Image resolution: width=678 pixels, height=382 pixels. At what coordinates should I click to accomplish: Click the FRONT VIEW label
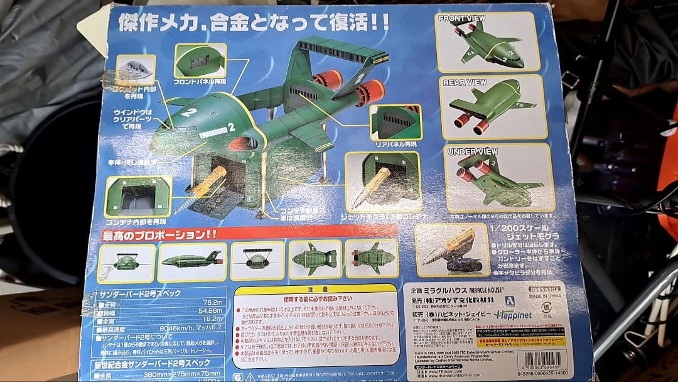click(x=461, y=18)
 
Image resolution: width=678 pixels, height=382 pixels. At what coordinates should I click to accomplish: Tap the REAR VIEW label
click(x=465, y=82)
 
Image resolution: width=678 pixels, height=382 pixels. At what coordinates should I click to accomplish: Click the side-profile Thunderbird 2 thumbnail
click(x=191, y=260)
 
